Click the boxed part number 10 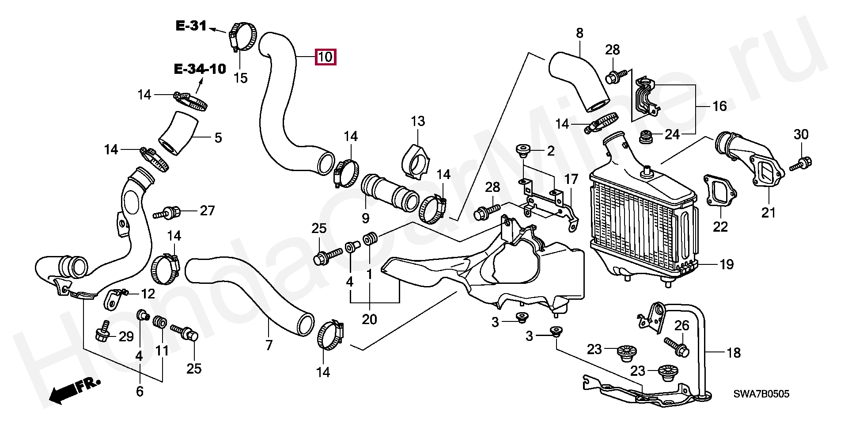[325, 57]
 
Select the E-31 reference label [191, 26]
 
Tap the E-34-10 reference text [200, 69]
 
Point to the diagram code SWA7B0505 [761, 394]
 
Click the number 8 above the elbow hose [579, 33]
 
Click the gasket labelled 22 [719, 191]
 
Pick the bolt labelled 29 [102, 331]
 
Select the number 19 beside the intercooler [727, 264]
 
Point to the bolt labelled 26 [676, 346]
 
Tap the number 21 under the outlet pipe [768, 213]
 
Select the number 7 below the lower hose [269, 345]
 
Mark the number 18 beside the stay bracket [734, 353]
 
